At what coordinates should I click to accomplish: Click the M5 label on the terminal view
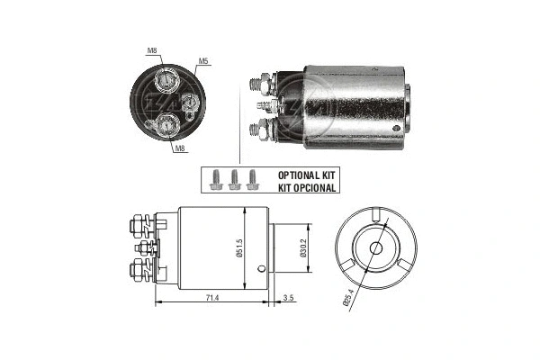point(203,62)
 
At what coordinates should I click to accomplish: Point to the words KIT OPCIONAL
point(307,188)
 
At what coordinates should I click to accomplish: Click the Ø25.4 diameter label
point(348,301)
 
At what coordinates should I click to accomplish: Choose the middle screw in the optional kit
point(236,179)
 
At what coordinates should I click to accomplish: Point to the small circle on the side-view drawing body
point(259,267)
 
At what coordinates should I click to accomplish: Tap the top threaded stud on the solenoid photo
point(258,85)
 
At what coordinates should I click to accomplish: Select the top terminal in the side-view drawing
point(141,221)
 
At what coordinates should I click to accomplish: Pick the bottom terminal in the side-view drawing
point(141,269)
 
